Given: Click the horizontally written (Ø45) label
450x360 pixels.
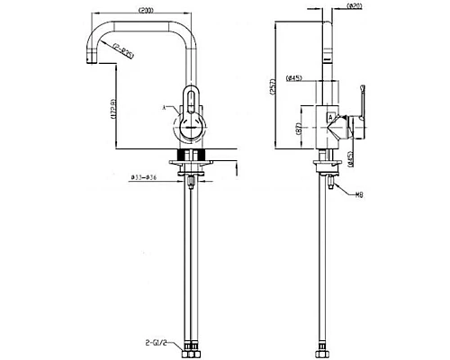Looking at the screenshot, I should pos(293,78).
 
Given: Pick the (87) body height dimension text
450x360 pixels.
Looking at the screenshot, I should pos(298,129).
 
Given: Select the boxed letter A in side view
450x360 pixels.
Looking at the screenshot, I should pos(331,117).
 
